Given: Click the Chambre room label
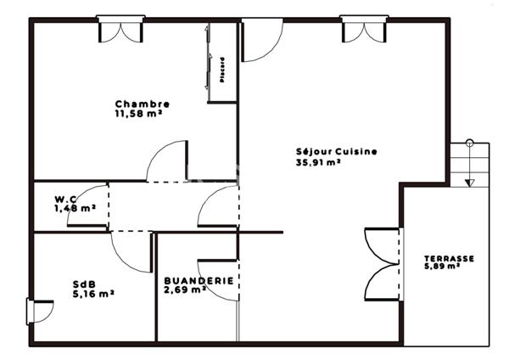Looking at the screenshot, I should (137, 104).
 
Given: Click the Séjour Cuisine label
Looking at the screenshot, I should (336, 152).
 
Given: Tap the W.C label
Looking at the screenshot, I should (65, 200).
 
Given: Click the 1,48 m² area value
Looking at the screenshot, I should (75, 209).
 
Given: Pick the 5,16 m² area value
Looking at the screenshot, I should (93, 295).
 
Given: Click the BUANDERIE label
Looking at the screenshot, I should (199, 279).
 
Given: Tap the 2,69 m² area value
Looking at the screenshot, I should (185, 290).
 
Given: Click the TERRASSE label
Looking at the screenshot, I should (449, 259).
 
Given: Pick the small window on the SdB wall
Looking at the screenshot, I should (36, 312).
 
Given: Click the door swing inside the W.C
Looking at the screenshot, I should (87, 206).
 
